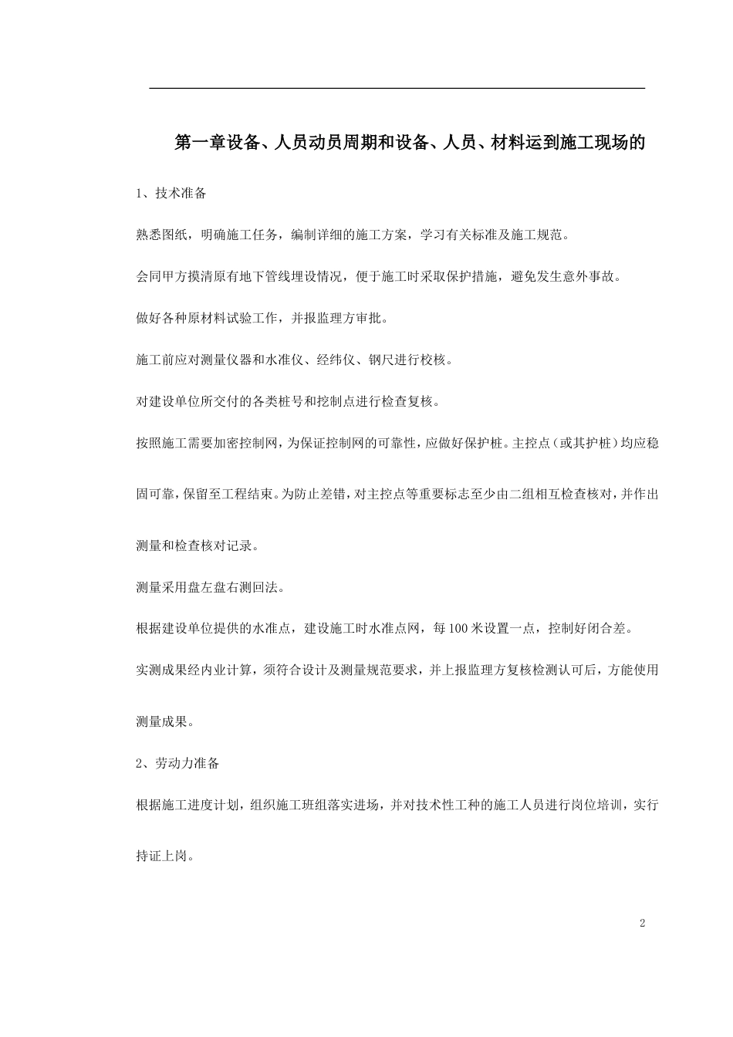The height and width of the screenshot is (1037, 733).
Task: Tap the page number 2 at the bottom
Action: [642, 924]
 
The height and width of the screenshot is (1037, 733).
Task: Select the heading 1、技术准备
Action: [171, 194]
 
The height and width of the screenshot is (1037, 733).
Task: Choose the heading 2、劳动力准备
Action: [177, 763]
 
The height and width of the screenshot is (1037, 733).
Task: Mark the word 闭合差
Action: [612, 629]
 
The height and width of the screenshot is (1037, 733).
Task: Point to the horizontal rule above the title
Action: [397, 89]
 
